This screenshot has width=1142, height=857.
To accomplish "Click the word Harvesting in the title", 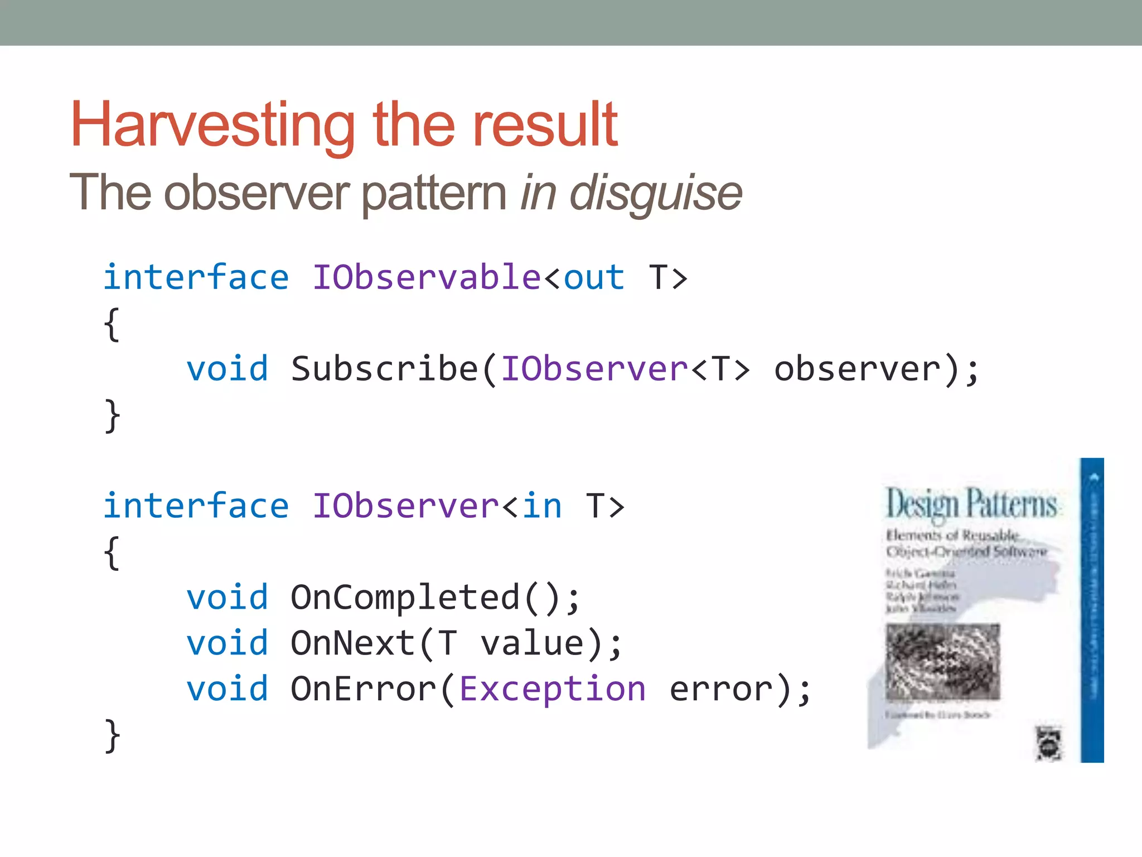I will click(x=212, y=126).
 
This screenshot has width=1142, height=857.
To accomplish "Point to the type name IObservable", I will click(x=426, y=277).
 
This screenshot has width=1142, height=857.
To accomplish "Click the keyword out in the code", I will click(x=593, y=278).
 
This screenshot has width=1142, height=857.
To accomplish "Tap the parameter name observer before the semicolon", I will click(x=858, y=369).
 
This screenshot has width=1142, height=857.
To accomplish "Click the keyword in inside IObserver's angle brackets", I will click(x=541, y=506).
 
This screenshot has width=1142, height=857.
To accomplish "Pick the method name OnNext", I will click(x=353, y=643).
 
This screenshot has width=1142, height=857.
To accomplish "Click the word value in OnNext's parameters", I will click(x=533, y=643).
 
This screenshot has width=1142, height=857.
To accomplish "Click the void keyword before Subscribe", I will click(x=227, y=369).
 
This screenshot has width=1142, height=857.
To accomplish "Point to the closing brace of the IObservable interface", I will click(x=112, y=416).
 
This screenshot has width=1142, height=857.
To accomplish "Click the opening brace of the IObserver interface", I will click(x=112, y=552).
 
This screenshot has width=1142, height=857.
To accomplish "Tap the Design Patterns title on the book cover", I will click(x=971, y=504).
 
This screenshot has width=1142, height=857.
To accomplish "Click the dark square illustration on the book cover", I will click(x=942, y=662).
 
